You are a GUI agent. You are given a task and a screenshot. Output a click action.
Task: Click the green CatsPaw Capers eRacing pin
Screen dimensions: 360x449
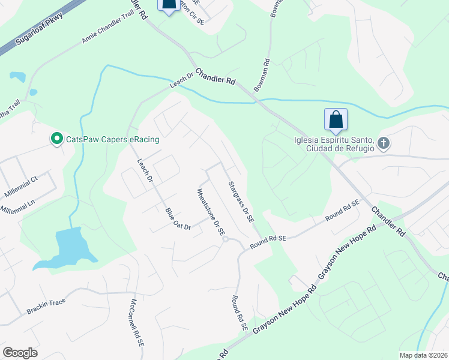pos(57,139)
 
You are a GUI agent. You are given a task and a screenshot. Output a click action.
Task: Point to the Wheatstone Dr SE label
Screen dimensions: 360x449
pos(211,211)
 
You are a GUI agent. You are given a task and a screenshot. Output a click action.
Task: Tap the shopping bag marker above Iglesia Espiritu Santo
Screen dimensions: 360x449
pos(336,119)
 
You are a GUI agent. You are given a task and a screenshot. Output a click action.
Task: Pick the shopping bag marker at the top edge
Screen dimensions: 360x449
pos(169,5)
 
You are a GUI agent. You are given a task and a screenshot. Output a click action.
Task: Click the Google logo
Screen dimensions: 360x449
pos(20,352)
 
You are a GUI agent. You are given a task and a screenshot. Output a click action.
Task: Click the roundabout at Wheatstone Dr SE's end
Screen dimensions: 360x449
pos(225,239)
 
